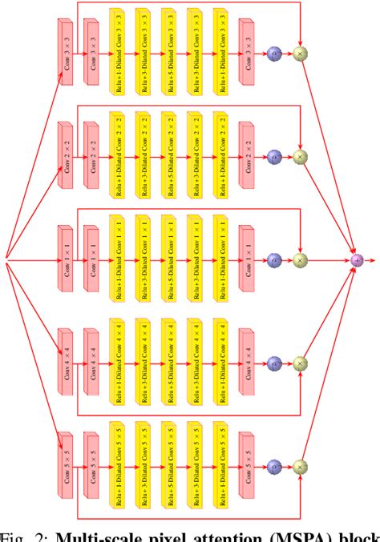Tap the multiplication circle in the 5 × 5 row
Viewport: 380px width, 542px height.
point(301,465)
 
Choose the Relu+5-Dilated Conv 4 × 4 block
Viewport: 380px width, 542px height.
point(169,359)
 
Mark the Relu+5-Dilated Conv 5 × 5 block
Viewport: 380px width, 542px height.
point(169,462)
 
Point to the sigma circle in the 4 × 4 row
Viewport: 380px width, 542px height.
point(274,363)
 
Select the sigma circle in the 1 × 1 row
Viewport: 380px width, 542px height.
point(274,259)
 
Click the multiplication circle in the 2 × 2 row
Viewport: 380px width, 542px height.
point(301,156)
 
